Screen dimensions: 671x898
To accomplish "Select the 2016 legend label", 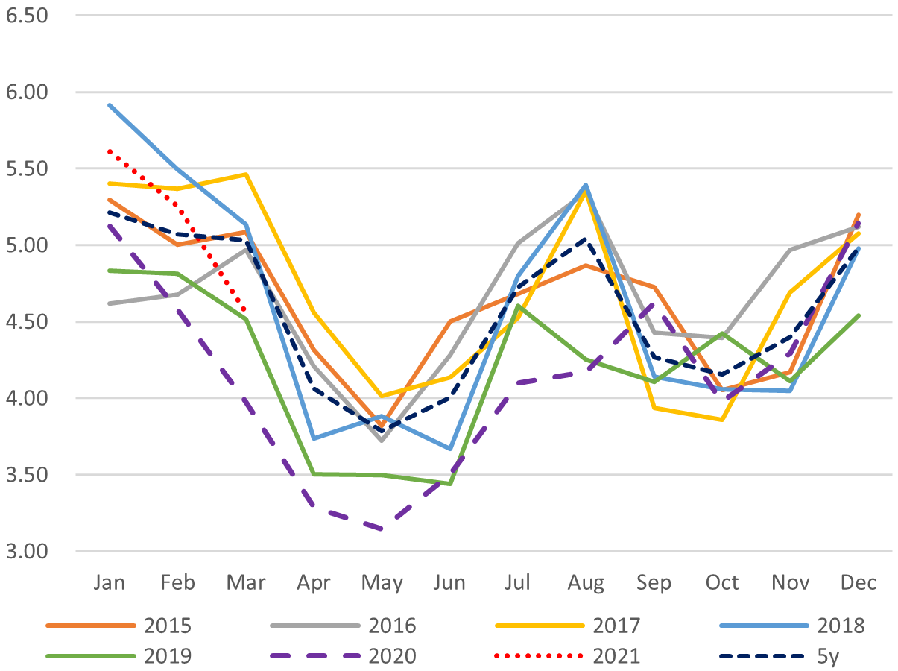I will [394, 625].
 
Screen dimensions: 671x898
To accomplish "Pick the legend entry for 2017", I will [618, 625].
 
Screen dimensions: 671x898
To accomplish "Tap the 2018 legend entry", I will [841, 625].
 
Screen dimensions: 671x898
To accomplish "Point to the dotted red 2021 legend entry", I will [618, 655].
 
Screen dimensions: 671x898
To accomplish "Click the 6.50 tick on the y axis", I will [26, 15].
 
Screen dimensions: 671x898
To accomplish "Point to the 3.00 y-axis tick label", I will [26, 552].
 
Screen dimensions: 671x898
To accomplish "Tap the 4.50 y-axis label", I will [26, 322].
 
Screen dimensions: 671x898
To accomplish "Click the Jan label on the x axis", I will [109, 582].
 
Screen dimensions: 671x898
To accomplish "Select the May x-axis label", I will [382, 582].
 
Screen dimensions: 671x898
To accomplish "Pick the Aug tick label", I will [586, 582].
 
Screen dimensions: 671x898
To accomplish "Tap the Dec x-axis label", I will [859, 582].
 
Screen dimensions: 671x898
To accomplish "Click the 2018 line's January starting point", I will [109, 105].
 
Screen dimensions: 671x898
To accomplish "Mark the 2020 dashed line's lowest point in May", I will [382, 529].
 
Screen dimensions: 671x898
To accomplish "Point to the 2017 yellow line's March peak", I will [245, 174].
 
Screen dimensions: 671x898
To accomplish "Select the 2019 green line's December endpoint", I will [859, 315].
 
